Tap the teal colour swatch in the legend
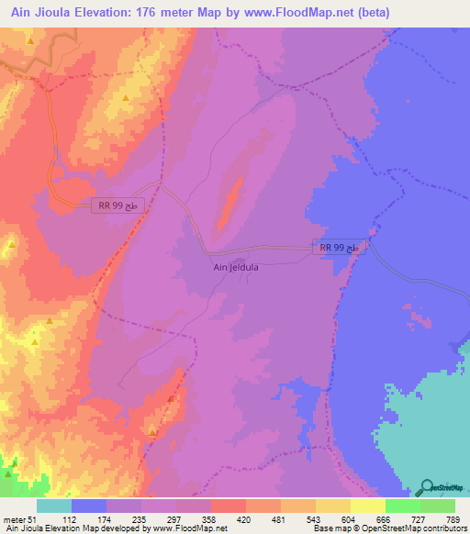(54, 506)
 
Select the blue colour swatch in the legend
(89, 506)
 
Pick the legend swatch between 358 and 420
(229, 506)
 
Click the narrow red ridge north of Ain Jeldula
(229, 202)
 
